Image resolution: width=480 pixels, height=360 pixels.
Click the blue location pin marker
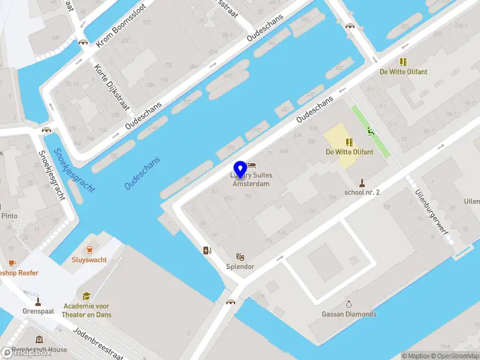(241, 170)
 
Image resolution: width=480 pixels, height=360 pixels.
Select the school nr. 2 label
(362, 193)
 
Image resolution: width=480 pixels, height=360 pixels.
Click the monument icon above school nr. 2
(362, 182)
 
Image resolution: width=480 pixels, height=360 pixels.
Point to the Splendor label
(240, 266)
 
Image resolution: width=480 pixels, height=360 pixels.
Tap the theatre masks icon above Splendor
(240, 256)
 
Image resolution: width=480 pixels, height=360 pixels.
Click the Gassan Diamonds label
(349, 314)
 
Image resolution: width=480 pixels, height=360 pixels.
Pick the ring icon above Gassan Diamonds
(349, 304)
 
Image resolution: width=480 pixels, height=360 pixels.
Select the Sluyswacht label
(89, 260)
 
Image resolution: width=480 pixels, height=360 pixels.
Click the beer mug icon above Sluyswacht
(90, 250)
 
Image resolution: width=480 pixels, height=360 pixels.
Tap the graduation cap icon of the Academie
(87, 296)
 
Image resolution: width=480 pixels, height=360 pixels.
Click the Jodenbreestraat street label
(98, 340)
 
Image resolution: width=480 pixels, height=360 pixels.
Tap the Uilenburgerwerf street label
(431, 213)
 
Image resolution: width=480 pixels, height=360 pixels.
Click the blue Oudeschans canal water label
(143, 173)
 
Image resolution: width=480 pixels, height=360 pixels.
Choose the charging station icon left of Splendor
(207, 251)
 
